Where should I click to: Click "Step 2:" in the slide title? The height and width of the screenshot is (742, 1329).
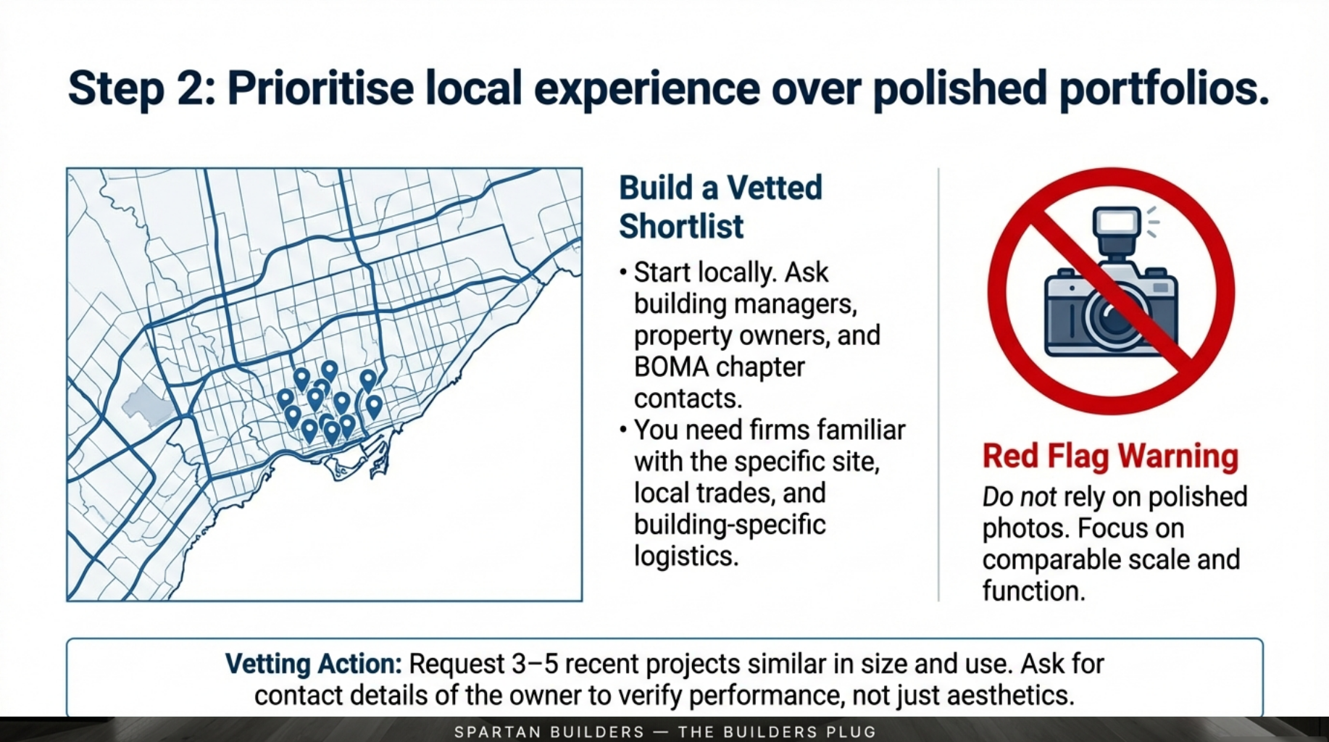coord(142,89)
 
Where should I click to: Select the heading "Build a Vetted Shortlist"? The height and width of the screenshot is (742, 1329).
coord(720,207)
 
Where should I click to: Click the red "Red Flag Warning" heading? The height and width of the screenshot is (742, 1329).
coord(1110,456)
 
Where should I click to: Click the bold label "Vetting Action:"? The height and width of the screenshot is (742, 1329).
coord(313,664)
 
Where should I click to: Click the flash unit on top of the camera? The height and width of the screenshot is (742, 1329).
coord(1117,231)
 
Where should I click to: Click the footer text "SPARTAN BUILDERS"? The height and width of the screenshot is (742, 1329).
coord(549,732)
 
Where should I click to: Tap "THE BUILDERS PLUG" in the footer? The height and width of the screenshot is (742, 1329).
coord(777,732)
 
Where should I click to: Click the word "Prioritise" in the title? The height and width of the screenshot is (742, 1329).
coord(320,89)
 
